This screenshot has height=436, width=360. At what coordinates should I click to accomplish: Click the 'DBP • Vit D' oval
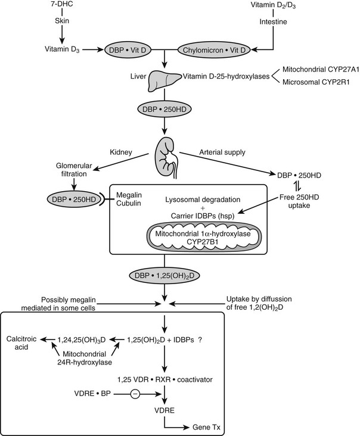(127, 49)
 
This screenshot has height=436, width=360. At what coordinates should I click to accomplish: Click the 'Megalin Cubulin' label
(144, 201)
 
